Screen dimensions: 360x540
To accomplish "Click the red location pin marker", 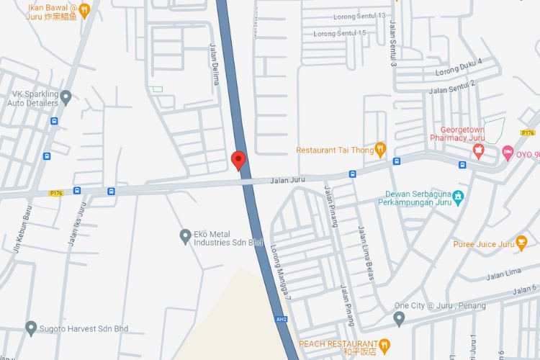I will point(239,160).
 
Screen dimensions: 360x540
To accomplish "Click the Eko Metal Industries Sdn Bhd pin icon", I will point(185,235).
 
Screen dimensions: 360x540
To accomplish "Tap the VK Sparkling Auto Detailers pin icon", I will point(66,96).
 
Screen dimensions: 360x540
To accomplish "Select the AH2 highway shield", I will point(282,318).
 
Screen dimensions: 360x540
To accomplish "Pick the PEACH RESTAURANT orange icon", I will point(384,345).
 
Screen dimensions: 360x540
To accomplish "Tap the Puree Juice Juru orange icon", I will point(522,243).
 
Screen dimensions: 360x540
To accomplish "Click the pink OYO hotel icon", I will point(508,152).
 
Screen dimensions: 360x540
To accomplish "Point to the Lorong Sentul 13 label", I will point(359,16).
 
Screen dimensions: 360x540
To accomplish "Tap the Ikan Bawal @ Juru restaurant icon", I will point(84,9).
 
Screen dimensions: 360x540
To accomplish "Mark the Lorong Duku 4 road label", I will point(458,67).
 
